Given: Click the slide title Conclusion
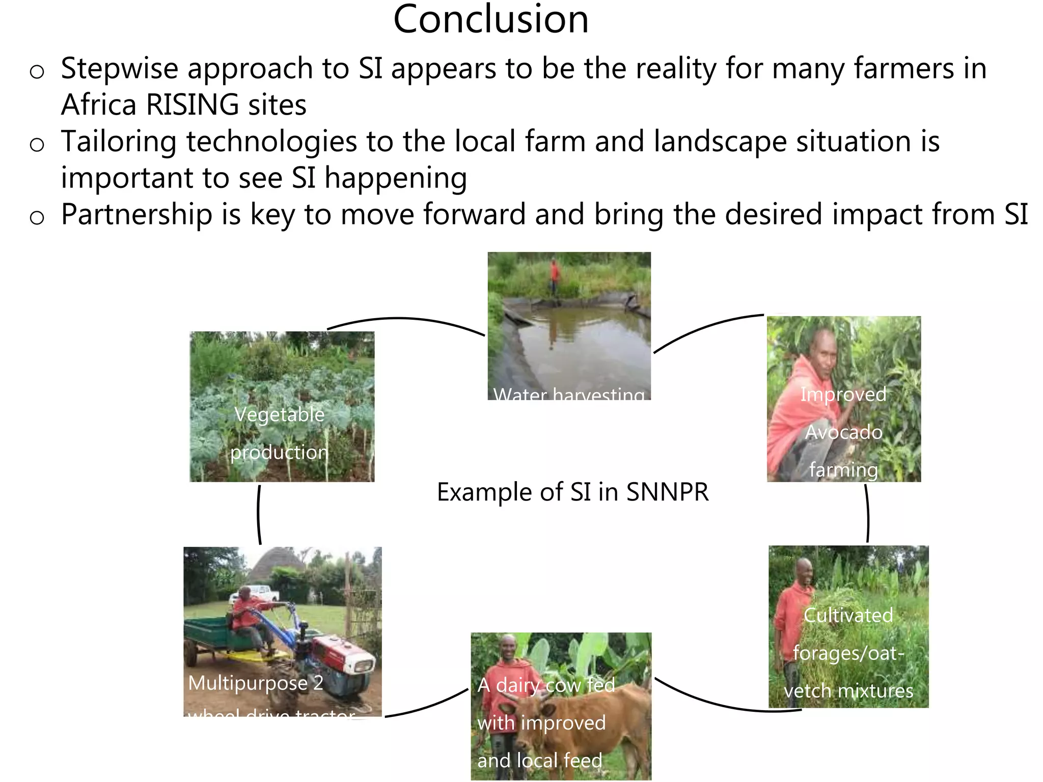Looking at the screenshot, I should [x=490, y=19].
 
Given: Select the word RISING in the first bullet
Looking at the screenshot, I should [x=192, y=105].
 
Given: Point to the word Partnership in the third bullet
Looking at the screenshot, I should [x=136, y=214].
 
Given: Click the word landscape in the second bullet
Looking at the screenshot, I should [x=720, y=142].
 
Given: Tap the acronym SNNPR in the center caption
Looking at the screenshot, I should [x=667, y=492].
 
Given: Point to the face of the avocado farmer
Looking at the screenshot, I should [x=820, y=351].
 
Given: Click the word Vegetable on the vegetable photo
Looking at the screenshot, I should [x=279, y=414].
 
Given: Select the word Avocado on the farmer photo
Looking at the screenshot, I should [x=843, y=432].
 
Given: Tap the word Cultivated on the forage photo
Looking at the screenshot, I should [x=848, y=615].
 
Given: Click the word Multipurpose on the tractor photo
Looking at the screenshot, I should [x=248, y=683].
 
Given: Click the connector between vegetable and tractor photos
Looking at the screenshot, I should [x=259, y=514].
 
